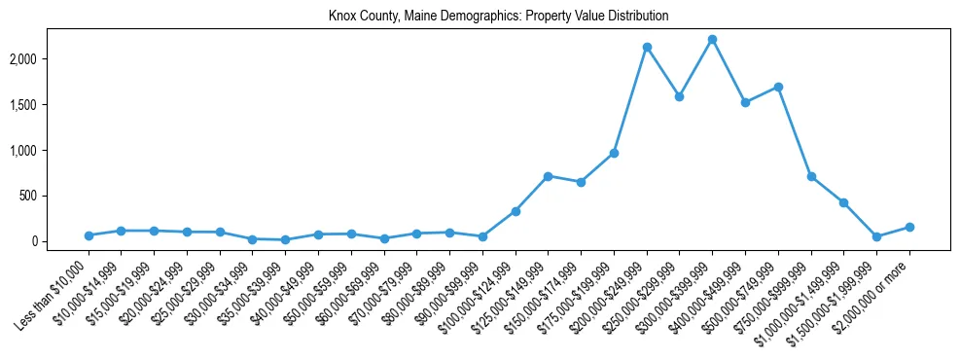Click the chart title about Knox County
[499, 17]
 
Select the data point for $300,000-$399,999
[712, 39]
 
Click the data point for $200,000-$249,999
[647, 47]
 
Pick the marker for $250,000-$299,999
[679, 96]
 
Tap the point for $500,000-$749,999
[778, 87]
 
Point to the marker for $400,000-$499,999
[745, 102]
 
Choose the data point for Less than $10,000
[89, 235]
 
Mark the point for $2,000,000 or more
[909, 227]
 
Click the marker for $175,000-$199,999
[614, 153]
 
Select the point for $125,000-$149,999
[548, 176]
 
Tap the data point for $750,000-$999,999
[811, 176]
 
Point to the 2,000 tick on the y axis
[51, 59]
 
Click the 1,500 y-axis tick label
[51, 105]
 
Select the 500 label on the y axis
[55, 196]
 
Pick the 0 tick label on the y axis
[60, 241]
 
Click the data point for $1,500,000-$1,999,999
[876, 236]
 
